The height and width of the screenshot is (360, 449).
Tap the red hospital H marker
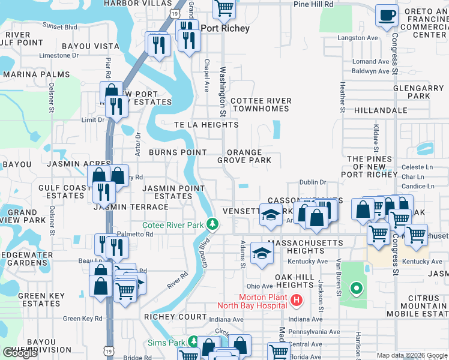[295, 300]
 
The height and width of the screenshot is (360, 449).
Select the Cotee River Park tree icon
[212, 224]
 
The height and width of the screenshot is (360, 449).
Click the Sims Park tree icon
[193, 342]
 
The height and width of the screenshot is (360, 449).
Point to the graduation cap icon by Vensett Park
[271, 215]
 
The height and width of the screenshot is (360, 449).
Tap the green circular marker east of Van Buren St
[356, 290]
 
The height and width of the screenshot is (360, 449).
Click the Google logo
[20, 353]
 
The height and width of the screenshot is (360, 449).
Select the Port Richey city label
[225, 28]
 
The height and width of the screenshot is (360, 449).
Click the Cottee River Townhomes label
[261, 105]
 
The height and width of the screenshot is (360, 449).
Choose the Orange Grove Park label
[244, 157]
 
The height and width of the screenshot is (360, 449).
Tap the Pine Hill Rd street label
[313, 4]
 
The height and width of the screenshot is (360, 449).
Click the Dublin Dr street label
[313, 182]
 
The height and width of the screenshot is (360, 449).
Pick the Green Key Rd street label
[83, 319]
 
